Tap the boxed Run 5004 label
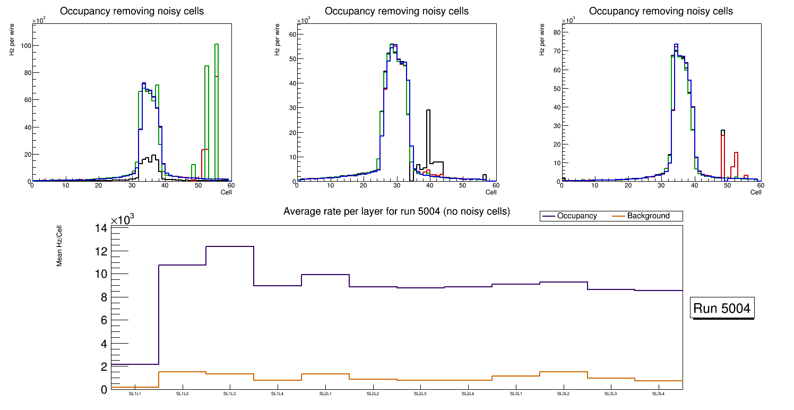[x=722, y=309]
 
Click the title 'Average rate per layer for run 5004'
[x=396, y=211]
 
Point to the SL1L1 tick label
[x=135, y=394]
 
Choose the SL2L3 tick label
[x=420, y=394]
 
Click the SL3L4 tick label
[x=658, y=394]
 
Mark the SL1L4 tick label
[x=278, y=394]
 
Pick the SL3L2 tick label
[x=563, y=394]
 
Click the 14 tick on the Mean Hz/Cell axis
[x=101, y=228]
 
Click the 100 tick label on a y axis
[x=23, y=46]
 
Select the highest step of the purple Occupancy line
[x=229, y=246]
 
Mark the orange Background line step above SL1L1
[x=135, y=387]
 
